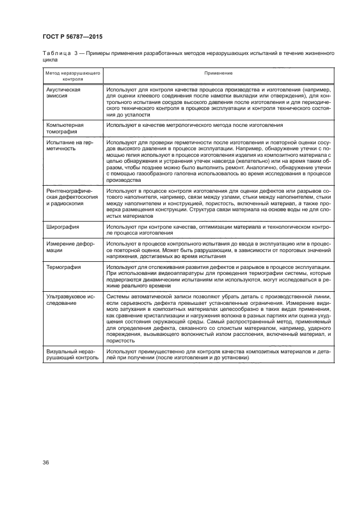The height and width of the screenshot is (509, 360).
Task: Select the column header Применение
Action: pyautogui.click(x=218, y=73)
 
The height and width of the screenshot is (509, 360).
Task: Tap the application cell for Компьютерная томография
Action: pyautogui.click(x=194, y=125)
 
